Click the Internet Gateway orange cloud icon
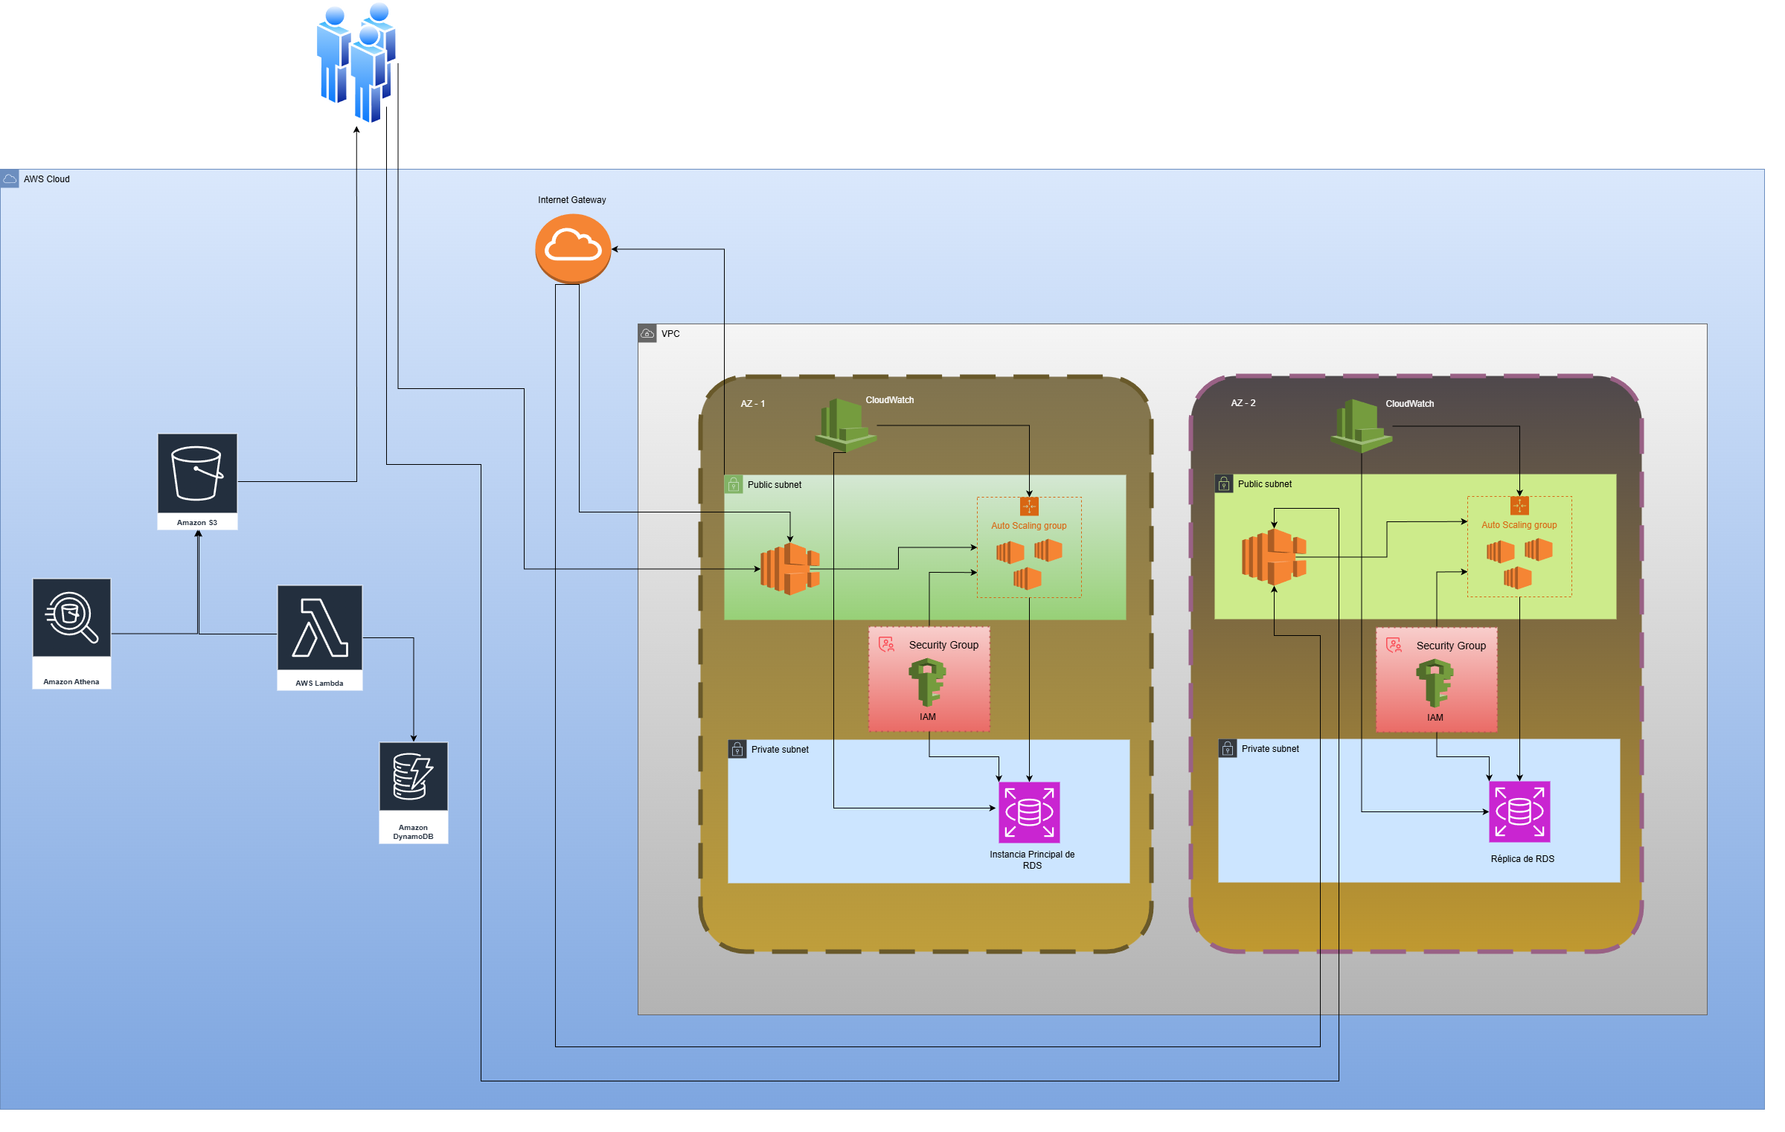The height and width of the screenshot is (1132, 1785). pyautogui.click(x=572, y=248)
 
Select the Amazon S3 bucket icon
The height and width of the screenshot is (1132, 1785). pyautogui.click(x=197, y=474)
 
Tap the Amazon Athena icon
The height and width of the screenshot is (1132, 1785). pyautogui.click(x=71, y=618)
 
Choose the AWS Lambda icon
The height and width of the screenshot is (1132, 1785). pyautogui.click(x=319, y=628)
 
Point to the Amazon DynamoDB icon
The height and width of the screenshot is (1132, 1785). pyautogui.click(x=413, y=776)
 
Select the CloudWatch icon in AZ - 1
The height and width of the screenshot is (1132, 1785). pyautogui.click(x=845, y=425)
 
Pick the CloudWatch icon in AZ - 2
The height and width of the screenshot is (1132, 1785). pyautogui.click(x=1361, y=425)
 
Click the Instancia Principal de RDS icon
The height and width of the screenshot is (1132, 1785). pyautogui.click(x=1029, y=812)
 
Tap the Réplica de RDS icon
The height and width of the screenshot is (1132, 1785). pyautogui.click(x=1519, y=811)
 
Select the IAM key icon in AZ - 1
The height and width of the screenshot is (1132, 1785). pyautogui.click(x=927, y=682)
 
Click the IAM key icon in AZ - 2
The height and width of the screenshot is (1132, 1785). pyautogui.click(x=1435, y=683)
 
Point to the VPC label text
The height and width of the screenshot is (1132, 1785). pyautogui.click(x=670, y=334)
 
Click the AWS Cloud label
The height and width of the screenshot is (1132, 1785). pyautogui.click(x=46, y=179)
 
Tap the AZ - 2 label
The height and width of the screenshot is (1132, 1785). pyautogui.click(x=1243, y=403)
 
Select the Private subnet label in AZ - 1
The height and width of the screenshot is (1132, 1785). pyautogui.click(x=779, y=750)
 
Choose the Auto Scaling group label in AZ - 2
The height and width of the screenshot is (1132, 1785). pyautogui.click(x=1519, y=525)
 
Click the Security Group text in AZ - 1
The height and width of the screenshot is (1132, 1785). pyautogui.click(x=943, y=645)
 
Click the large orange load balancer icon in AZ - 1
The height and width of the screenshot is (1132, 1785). pyautogui.click(x=789, y=569)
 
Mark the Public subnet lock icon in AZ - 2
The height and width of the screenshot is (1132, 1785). pyautogui.click(x=1224, y=484)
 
